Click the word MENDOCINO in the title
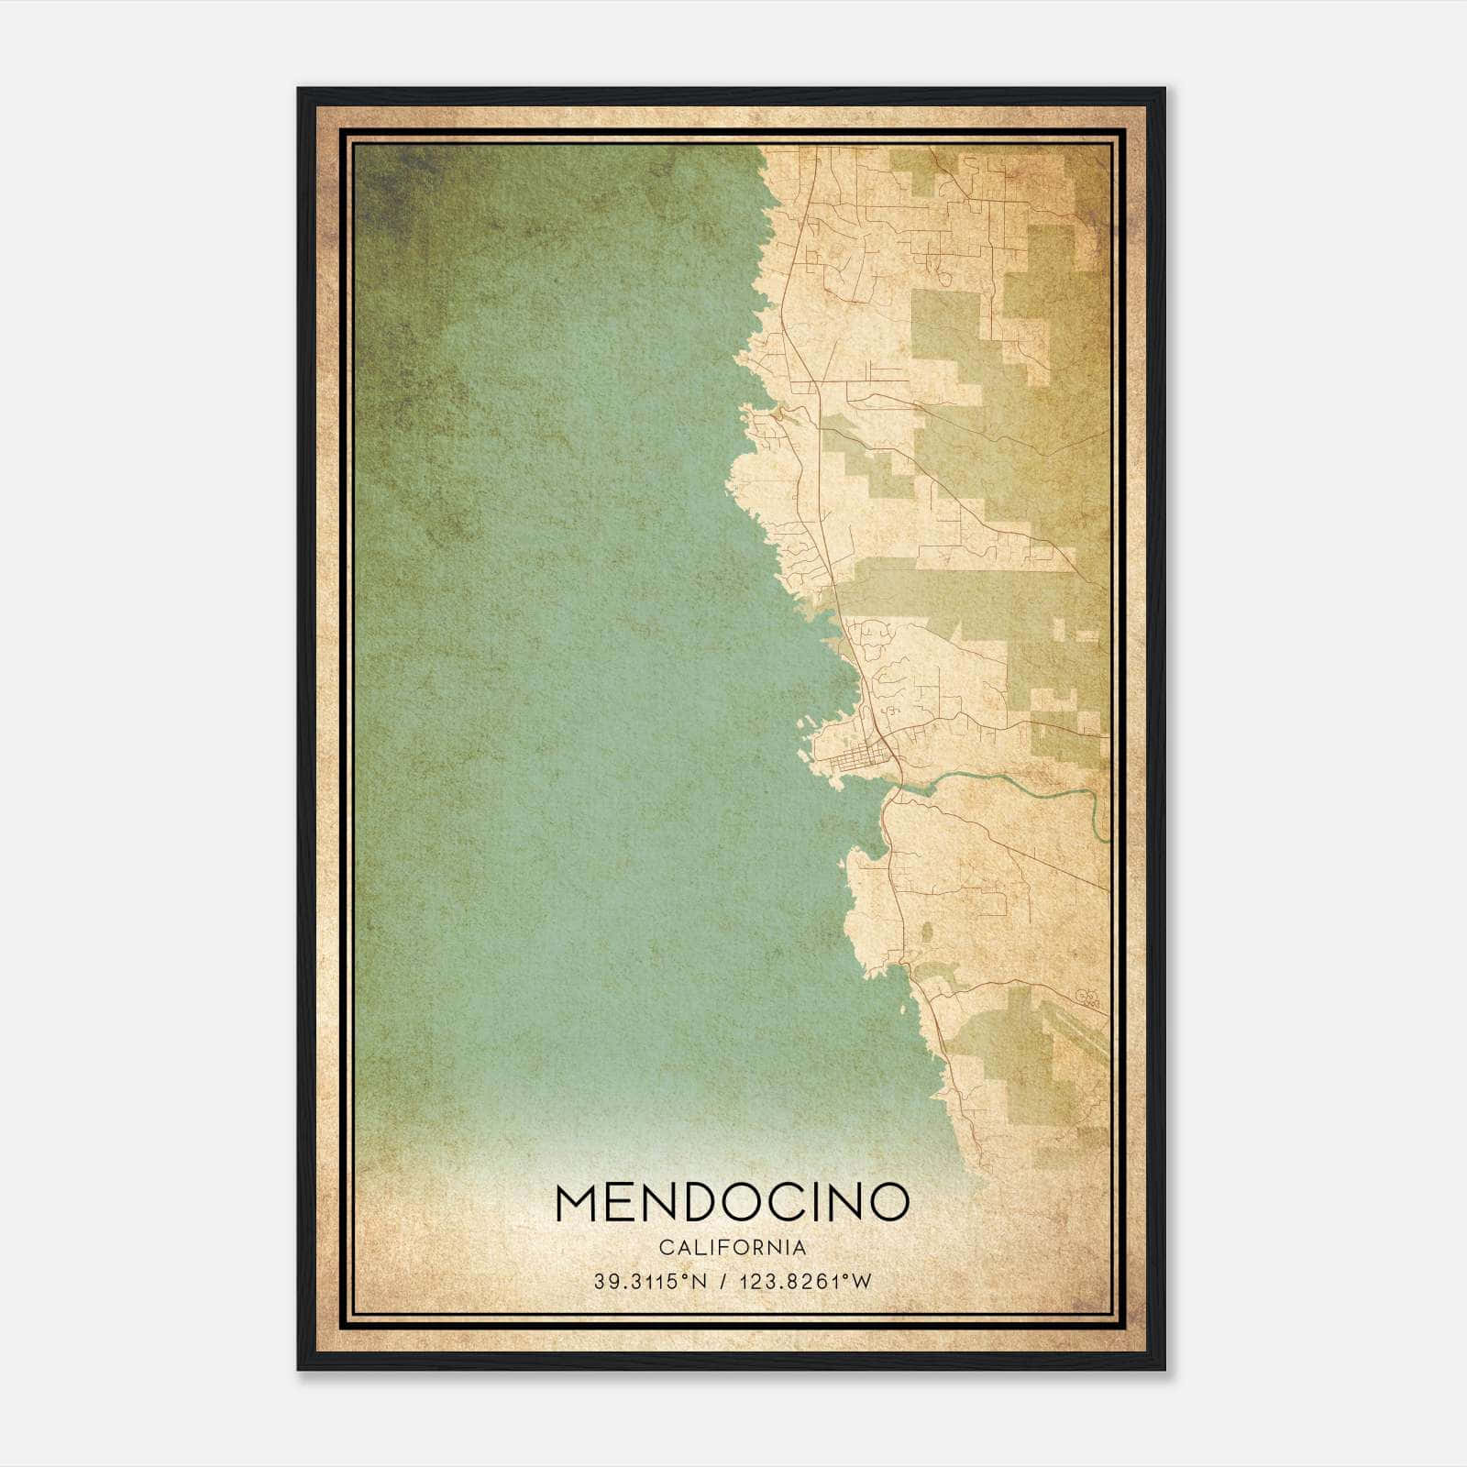coord(732,1203)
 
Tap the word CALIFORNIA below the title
coord(732,1247)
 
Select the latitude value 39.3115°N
coord(650,1282)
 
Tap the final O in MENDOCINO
coord(888,1203)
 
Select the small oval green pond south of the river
coord(926,932)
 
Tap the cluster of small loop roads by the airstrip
coord(1087,997)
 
